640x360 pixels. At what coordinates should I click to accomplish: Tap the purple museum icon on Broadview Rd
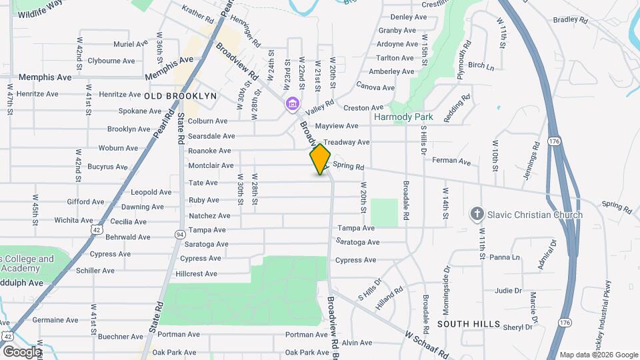click(292, 105)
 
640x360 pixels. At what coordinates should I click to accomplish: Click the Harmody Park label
click(403, 117)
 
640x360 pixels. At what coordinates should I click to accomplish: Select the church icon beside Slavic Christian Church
click(477, 215)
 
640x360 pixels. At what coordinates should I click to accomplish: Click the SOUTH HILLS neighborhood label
click(469, 323)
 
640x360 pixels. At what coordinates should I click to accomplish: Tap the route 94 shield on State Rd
click(180, 234)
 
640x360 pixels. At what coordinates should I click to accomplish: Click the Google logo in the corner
click(22, 351)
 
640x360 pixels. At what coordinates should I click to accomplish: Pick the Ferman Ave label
click(451, 161)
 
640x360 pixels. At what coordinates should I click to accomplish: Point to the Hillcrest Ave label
click(196, 274)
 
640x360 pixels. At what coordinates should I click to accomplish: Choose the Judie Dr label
click(508, 291)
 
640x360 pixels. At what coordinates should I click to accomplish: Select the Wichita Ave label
click(74, 220)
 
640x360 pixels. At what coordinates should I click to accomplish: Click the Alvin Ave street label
click(357, 343)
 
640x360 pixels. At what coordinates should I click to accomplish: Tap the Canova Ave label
click(375, 87)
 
